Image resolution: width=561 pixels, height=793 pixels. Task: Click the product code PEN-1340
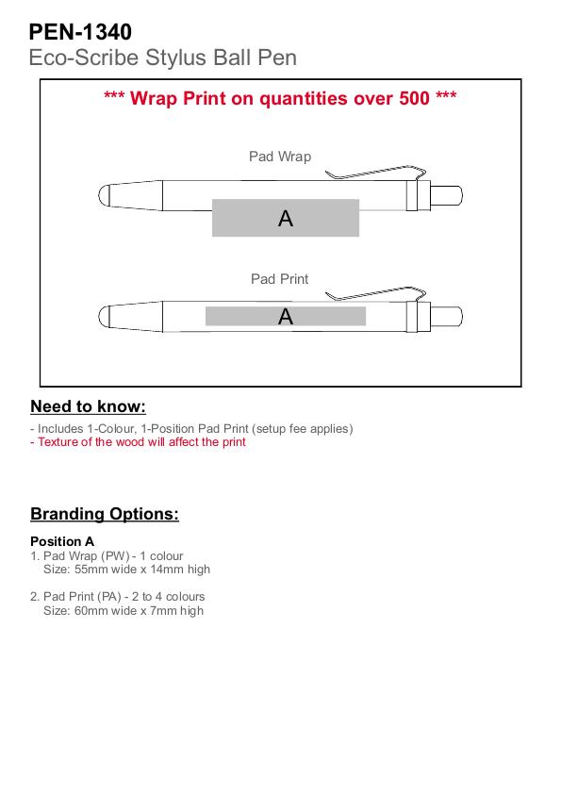tap(80, 32)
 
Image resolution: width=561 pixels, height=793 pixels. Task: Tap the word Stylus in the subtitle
tap(176, 58)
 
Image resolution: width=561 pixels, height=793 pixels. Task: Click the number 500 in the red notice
tap(414, 98)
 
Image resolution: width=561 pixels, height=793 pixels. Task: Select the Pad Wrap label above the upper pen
tap(280, 157)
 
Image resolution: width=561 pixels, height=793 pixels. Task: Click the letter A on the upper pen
tap(286, 219)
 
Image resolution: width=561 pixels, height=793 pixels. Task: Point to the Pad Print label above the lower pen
tap(280, 279)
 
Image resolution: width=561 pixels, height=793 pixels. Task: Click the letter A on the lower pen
tap(286, 317)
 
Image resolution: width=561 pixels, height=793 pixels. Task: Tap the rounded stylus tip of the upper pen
tap(104, 196)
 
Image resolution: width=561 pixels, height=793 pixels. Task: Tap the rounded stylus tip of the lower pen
tap(104, 317)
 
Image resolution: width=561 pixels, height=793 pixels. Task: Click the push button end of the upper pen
tap(446, 195)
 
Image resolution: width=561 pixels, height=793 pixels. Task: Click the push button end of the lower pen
tap(446, 317)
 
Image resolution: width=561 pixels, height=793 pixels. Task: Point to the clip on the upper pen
tap(375, 173)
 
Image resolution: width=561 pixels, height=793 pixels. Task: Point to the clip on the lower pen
tap(375, 294)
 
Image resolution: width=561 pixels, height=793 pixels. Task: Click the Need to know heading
tap(88, 406)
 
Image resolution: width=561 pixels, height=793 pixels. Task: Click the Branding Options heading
tap(105, 514)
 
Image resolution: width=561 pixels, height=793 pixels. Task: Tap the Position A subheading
tap(62, 541)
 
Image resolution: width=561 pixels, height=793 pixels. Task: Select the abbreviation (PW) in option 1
tap(115, 556)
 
